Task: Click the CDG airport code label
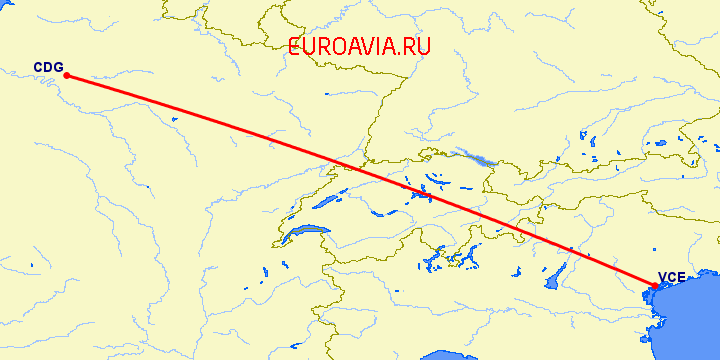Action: tap(48, 68)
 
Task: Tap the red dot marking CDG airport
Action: tap(66, 75)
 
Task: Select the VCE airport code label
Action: tap(671, 279)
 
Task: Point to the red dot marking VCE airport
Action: tap(653, 288)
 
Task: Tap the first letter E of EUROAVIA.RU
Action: tap(295, 46)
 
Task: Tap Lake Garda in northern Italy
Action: tap(552, 283)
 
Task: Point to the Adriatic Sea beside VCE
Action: tap(690, 320)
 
